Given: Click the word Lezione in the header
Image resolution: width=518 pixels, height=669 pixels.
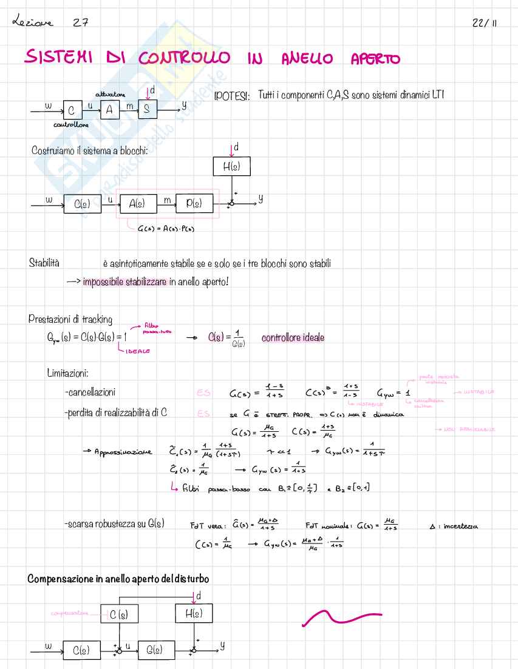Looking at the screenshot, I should [32, 22].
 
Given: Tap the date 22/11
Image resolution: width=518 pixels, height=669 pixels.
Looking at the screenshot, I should [484, 23].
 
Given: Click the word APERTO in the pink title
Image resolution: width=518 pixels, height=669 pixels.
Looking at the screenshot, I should [375, 58].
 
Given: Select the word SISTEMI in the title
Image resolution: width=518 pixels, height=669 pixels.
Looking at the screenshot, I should [58, 58].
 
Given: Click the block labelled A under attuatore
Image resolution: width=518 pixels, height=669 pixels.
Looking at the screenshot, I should [110, 109].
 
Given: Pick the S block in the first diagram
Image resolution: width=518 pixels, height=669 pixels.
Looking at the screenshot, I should [147, 110].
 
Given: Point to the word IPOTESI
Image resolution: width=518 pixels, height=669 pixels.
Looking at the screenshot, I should [232, 98].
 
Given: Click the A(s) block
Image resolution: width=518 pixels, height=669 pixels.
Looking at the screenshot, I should [136, 204].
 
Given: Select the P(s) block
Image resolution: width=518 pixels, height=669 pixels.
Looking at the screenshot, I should [194, 204].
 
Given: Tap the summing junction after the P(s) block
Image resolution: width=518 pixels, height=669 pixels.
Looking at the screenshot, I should [231, 204].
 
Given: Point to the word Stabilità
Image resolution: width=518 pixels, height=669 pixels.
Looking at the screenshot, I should [45, 263].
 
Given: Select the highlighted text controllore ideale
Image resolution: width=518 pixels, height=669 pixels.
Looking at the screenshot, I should [293, 338].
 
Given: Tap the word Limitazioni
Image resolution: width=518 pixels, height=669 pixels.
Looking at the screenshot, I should [68, 372].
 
